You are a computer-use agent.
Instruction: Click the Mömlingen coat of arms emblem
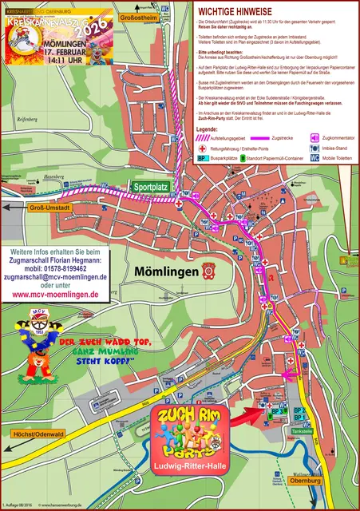[x=208, y=269]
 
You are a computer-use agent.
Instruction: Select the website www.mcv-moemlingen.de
[x=55, y=294]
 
